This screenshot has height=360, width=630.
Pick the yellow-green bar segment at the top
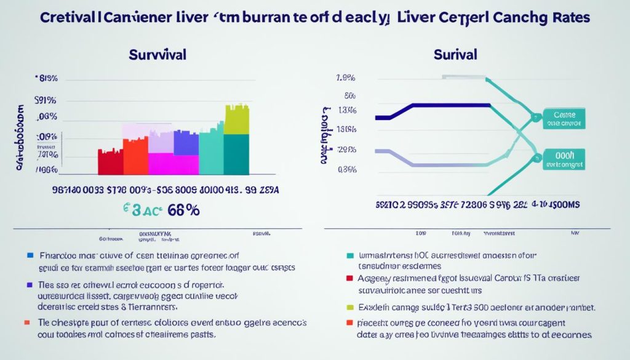tap(236, 120)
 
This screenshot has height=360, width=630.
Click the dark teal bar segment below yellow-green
tap(236, 154)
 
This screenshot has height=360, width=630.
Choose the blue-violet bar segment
tap(186, 142)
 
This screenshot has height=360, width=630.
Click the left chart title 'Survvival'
tap(157, 54)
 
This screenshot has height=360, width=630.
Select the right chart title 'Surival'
tap(455, 54)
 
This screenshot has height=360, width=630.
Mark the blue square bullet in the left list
tap(29, 254)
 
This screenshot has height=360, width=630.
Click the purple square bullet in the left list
tap(29, 286)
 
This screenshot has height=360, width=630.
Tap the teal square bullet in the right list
tap(350, 254)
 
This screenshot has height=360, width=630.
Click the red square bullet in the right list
tap(350, 278)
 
